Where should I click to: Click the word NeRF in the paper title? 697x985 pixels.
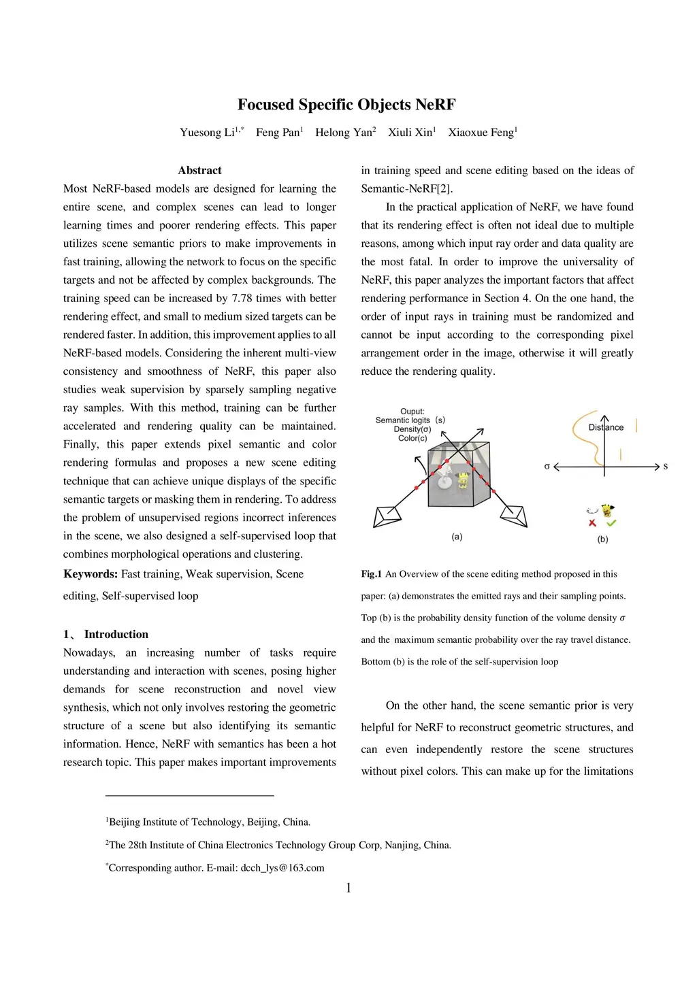click(436, 105)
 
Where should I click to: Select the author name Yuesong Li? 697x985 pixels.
click(207, 133)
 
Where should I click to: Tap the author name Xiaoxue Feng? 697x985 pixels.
click(481, 133)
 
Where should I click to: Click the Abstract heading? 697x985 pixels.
click(199, 170)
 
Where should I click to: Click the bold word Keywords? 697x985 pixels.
click(91, 574)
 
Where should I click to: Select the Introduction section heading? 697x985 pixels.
click(116, 634)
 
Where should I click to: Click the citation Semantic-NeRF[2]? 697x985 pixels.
click(406, 188)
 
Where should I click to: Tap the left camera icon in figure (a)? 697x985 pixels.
click(387, 516)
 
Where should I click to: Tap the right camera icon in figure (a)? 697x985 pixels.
click(515, 516)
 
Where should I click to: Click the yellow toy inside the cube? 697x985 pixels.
click(463, 480)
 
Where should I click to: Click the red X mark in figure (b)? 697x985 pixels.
click(592, 523)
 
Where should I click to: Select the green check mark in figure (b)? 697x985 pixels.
click(611, 523)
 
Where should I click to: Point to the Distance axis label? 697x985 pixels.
click(606, 427)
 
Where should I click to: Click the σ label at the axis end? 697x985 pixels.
click(547, 467)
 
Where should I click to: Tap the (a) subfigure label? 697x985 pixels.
click(457, 537)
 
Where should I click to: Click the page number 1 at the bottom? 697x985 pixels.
click(348, 888)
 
